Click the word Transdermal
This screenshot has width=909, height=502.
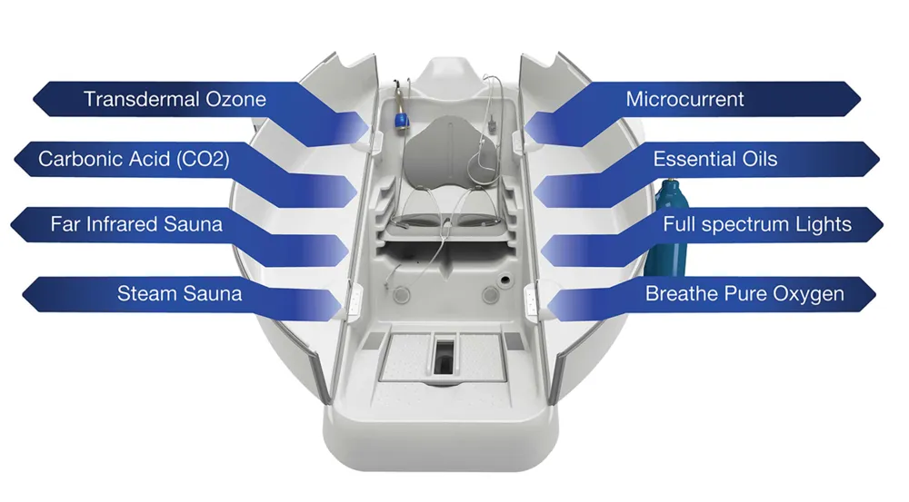pyautogui.click(x=141, y=99)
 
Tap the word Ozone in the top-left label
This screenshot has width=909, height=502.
pyautogui.click(x=236, y=99)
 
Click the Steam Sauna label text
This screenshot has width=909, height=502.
pyautogui.click(x=179, y=293)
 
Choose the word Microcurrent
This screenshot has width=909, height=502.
pyautogui.click(x=684, y=99)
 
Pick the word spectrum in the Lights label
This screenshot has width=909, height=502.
pyautogui.click(x=746, y=224)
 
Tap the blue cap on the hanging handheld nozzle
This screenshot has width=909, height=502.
pyautogui.click(x=401, y=122)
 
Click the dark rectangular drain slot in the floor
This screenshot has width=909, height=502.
pyautogui.click(x=445, y=357)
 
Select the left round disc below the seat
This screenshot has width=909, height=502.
pyautogui.click(x=401, y=296)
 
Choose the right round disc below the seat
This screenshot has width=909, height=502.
pyautogui.click(x=491, y=295)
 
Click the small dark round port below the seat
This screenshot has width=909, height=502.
pyautogui.click(x=504, y=281)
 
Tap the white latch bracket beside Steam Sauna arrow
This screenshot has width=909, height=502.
pyautogui.click(x=354, y=299)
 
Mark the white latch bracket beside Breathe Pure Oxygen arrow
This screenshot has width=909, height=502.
pyautogui.click(x=532, y=298)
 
